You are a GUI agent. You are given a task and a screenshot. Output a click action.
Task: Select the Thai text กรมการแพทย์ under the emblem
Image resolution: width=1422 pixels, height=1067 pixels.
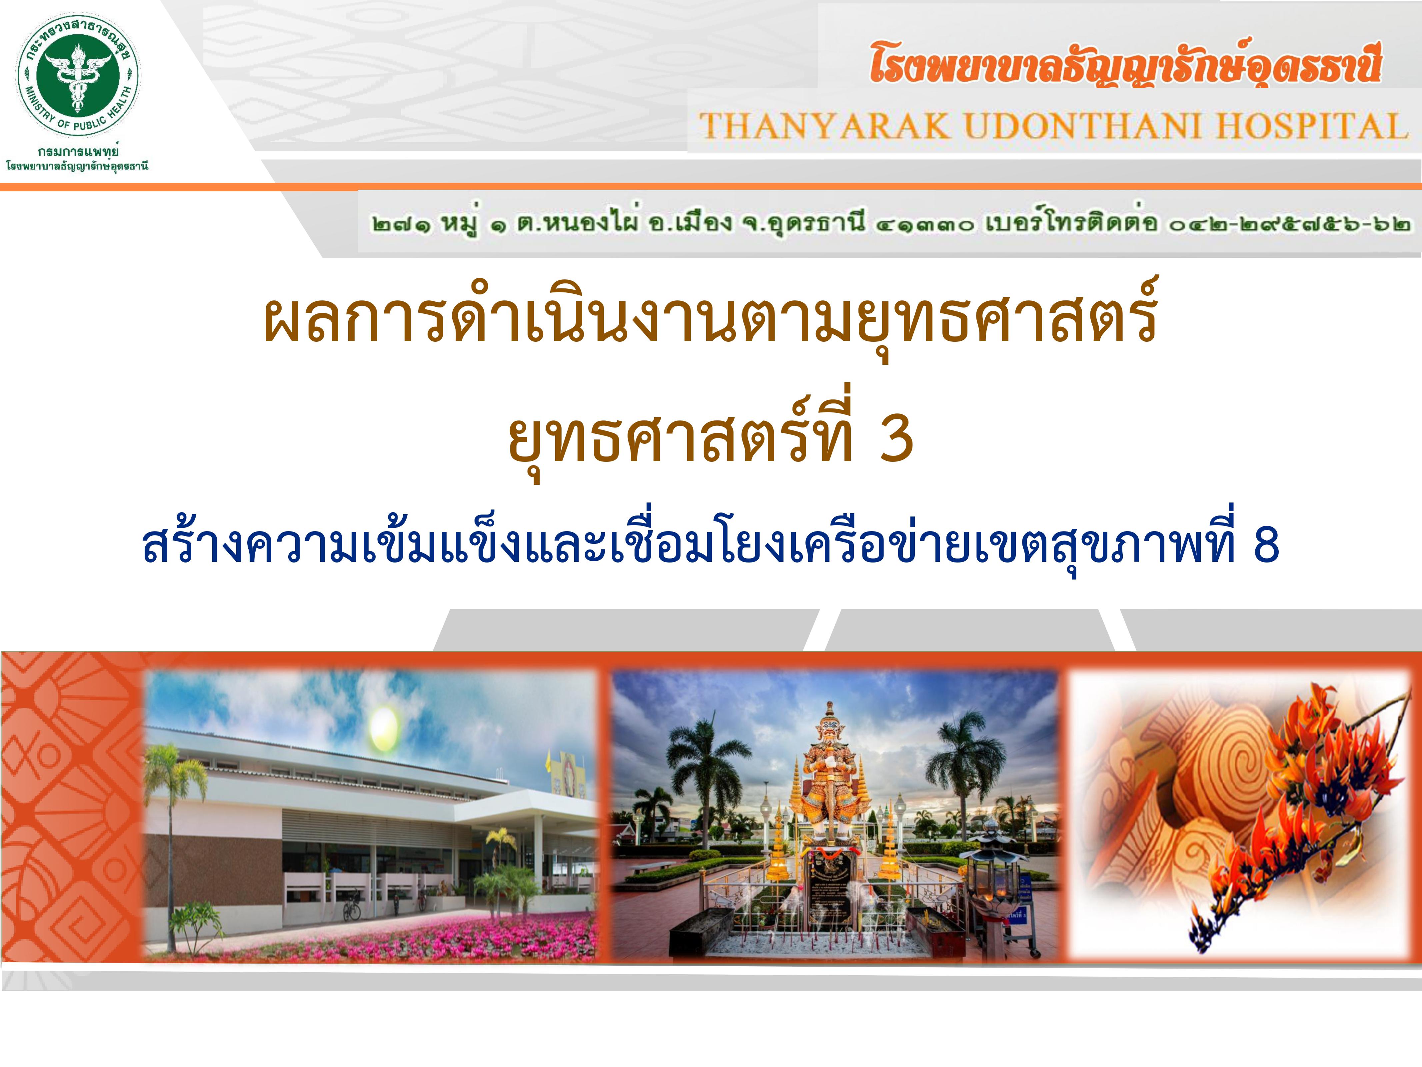pos(78,152)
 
